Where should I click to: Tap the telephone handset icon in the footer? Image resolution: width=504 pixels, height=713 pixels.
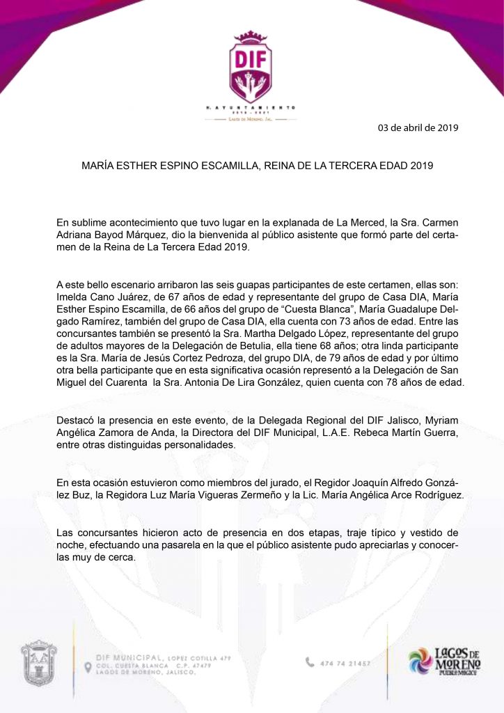point(310,662)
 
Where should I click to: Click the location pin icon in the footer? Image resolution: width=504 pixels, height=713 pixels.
point(88,667)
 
